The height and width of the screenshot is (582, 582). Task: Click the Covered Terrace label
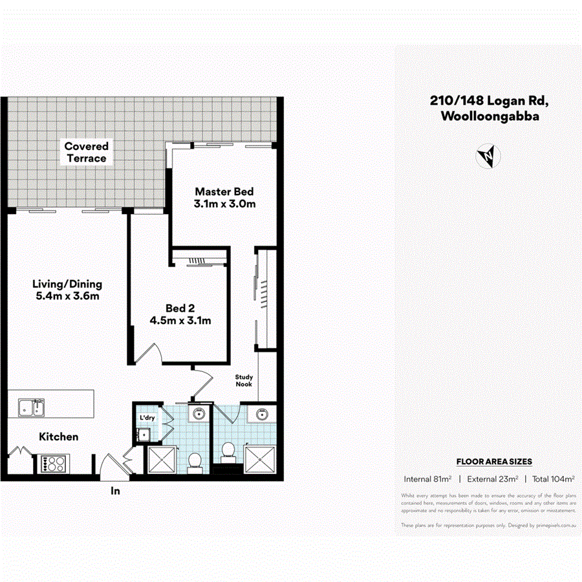(x=86, y=153)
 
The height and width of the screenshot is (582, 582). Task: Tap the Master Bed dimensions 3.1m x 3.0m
(x=224, y=204)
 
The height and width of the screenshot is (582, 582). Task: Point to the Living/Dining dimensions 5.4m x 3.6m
(x=67, y=296)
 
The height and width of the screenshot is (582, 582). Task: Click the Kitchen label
(x=59, y=437)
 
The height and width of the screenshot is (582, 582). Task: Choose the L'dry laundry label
(x=147, y=418)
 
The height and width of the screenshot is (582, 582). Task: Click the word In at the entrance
(x=115, y=491)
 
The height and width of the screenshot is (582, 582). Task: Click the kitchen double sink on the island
(x=30, y=408)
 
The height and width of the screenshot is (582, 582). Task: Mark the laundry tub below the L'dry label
(x=144, y=435)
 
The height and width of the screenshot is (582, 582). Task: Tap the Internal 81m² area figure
(x=427, y=479)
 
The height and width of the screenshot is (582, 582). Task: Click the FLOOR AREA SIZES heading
(x=494, y=462)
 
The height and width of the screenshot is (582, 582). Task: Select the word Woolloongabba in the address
(x=489, y=117)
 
